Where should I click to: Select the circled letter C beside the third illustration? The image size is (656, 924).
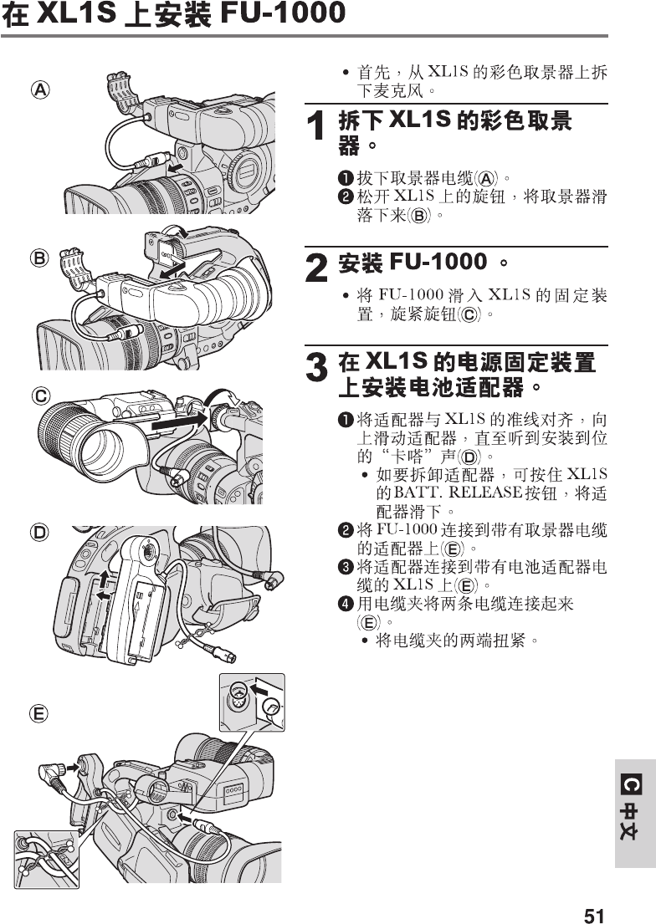39,395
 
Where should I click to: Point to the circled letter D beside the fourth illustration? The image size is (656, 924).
39,532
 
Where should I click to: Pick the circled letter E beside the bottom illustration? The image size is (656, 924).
39,712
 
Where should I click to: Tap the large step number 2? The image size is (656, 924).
315,268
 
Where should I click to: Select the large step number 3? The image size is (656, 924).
315,369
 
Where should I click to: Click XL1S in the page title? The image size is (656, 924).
73,14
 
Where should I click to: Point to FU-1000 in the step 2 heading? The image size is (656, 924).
438,263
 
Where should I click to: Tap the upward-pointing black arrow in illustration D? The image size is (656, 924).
104,578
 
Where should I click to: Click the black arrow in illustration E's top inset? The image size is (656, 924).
260,690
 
